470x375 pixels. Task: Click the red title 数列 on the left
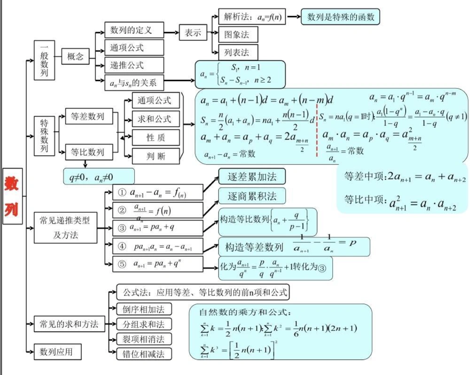tap(12, 196)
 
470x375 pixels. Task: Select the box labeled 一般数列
tap(44, 60)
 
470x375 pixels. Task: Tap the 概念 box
tap(75, 57)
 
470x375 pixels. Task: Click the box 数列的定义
tap(134, 30)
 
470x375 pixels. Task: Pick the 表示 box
tap(193, 33)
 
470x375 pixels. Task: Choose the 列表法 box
tap(238, 52)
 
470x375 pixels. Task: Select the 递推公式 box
tap(134, 65)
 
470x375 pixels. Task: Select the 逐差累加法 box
tap(251, 177)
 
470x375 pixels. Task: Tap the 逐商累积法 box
tap(251, 195)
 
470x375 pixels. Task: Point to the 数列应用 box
tap(56, 352)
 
